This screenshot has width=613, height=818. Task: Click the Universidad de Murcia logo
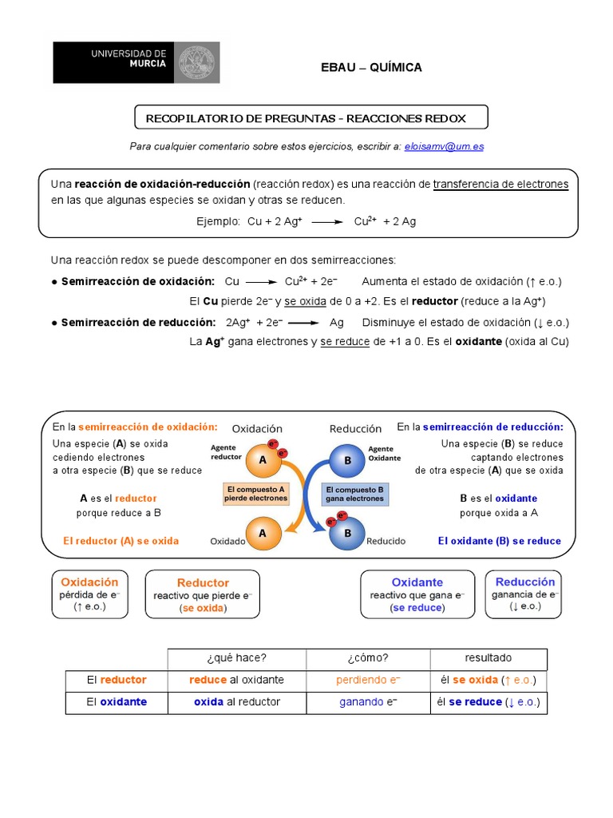(x=136, y=62)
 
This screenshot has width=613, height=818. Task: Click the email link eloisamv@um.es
(x=444, y=146)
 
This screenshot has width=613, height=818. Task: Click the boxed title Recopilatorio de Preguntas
(x=305, y=118)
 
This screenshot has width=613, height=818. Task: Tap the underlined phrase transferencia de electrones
(x=500, y=185)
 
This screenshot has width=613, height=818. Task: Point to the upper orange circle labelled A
(x=262, y=460)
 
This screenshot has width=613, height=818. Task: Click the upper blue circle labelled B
(x=348, y=461)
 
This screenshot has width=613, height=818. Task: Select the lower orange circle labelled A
(x=263, y=533)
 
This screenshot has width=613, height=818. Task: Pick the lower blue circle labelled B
(x=348, y=533)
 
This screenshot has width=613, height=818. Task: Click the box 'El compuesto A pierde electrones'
(x=255, y=493)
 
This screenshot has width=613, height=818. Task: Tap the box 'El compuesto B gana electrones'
(x=354, y=493)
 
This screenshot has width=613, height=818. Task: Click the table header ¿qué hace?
(x=236, y=658)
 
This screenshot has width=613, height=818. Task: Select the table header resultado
(x=488, y=658)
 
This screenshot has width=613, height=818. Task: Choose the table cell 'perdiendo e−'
(x=368, y=680)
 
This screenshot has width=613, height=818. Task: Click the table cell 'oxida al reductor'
(x=236, y=702)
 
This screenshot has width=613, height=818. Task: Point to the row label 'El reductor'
(x=117, y=680)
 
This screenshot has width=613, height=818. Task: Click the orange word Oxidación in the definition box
(x=89, y=582)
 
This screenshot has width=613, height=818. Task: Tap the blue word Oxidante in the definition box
(x=417, y=582)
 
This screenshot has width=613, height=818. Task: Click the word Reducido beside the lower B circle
(x=386, y=541)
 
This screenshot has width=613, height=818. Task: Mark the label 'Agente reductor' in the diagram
(x=226, y=453)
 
